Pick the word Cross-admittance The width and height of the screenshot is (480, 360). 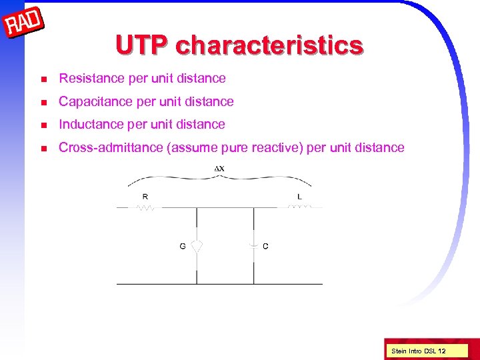[110, 147]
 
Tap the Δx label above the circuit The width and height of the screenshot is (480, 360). [219, 168]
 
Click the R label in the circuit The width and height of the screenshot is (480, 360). [145, 196]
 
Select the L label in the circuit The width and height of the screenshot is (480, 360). [299, 196]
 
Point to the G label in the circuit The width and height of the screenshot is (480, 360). [182, 246]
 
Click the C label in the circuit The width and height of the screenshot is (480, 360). [266, 246]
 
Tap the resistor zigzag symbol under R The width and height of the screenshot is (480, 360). [146, 207]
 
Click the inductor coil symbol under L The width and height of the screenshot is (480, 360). [299, 207]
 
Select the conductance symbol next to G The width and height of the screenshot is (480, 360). [197, 245]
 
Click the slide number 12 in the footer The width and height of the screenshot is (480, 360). [442, 350]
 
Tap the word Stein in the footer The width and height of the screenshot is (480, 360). [399, 350]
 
